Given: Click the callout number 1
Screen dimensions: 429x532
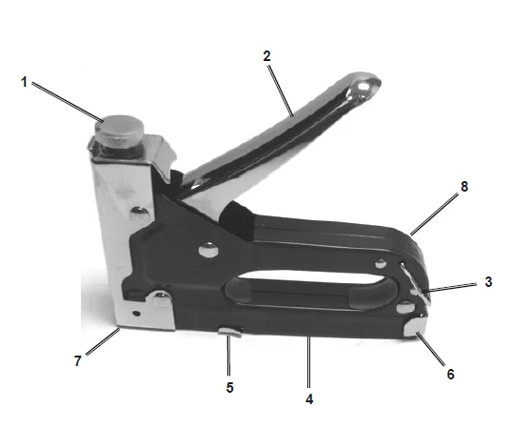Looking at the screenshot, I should [24, 82].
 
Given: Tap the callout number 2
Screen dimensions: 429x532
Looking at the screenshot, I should [268, 56].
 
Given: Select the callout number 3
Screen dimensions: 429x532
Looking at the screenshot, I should [488, 282].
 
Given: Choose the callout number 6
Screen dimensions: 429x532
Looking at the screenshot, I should [450, 375].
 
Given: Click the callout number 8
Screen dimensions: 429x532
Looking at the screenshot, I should [463, 187].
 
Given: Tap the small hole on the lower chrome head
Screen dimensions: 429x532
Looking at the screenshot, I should [137, 311].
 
